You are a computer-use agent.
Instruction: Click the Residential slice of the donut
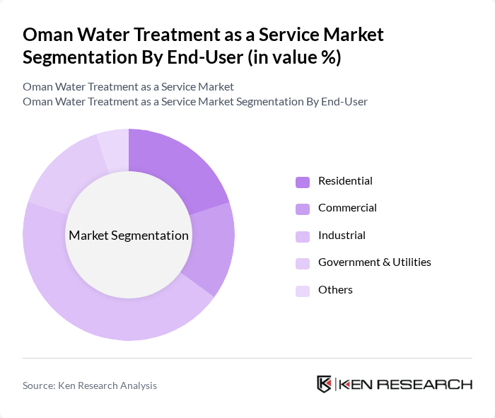click(177, 166)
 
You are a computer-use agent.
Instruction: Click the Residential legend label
click(345, 181)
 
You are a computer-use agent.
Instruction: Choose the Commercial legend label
click(347, 208)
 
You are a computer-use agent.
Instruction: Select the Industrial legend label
click(342, 236)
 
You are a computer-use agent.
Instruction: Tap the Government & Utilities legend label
click(374, 262)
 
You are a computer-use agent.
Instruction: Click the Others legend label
click(335, 290)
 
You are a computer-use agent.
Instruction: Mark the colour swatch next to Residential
click(303, 182)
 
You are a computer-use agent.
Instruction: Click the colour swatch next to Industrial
click(303, 236)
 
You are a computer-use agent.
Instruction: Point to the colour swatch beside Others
click(303, 291)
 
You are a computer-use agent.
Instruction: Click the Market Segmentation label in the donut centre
click(129, 236)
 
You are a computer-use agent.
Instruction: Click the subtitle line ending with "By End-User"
click(195, 102)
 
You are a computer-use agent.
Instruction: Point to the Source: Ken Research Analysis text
click(90, 385)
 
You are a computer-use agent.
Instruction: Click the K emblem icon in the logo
click(324, 385)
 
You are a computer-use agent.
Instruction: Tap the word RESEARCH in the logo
click(431, 385)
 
